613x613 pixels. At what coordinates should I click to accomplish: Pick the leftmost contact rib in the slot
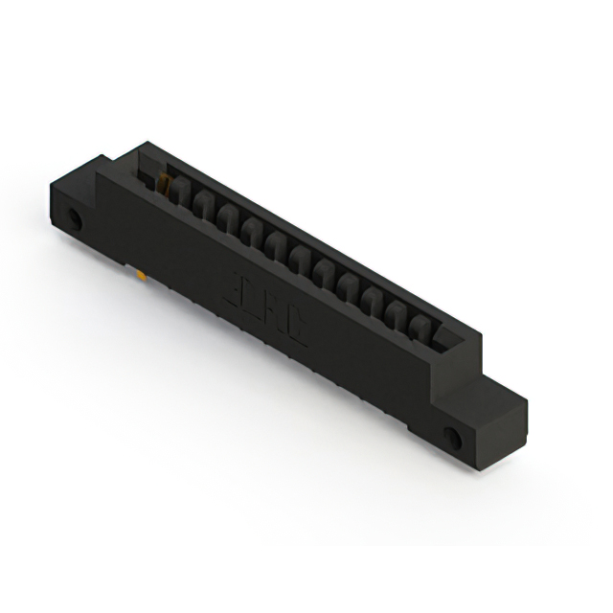178,193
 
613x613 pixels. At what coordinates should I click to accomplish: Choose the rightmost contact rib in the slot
420,328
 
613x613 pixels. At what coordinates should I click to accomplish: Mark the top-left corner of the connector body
140,144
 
